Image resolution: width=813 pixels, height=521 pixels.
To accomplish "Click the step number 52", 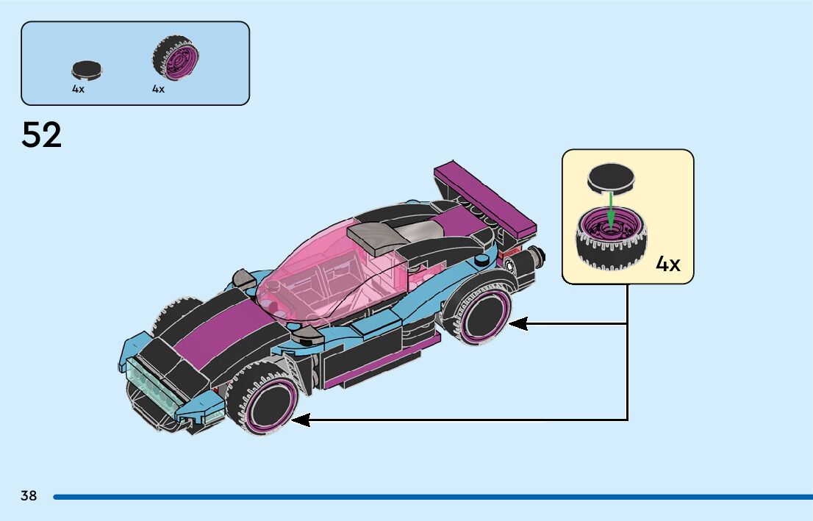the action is click(42, 136).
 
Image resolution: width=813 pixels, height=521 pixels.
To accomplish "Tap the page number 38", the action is click(29, 496).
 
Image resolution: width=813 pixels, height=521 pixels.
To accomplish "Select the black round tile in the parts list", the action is click(87, 70).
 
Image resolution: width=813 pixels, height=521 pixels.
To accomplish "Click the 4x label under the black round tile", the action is click(78, 89).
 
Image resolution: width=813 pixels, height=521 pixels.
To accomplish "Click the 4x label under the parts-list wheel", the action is click(158, 89).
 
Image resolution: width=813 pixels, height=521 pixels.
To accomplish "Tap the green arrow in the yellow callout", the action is click(610, 209).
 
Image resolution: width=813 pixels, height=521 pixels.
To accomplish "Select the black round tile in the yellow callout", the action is click(610, 176).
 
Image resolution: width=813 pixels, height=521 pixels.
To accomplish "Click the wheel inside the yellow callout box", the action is click(609, 239).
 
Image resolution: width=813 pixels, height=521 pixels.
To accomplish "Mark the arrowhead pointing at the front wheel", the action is click(301, 420).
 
